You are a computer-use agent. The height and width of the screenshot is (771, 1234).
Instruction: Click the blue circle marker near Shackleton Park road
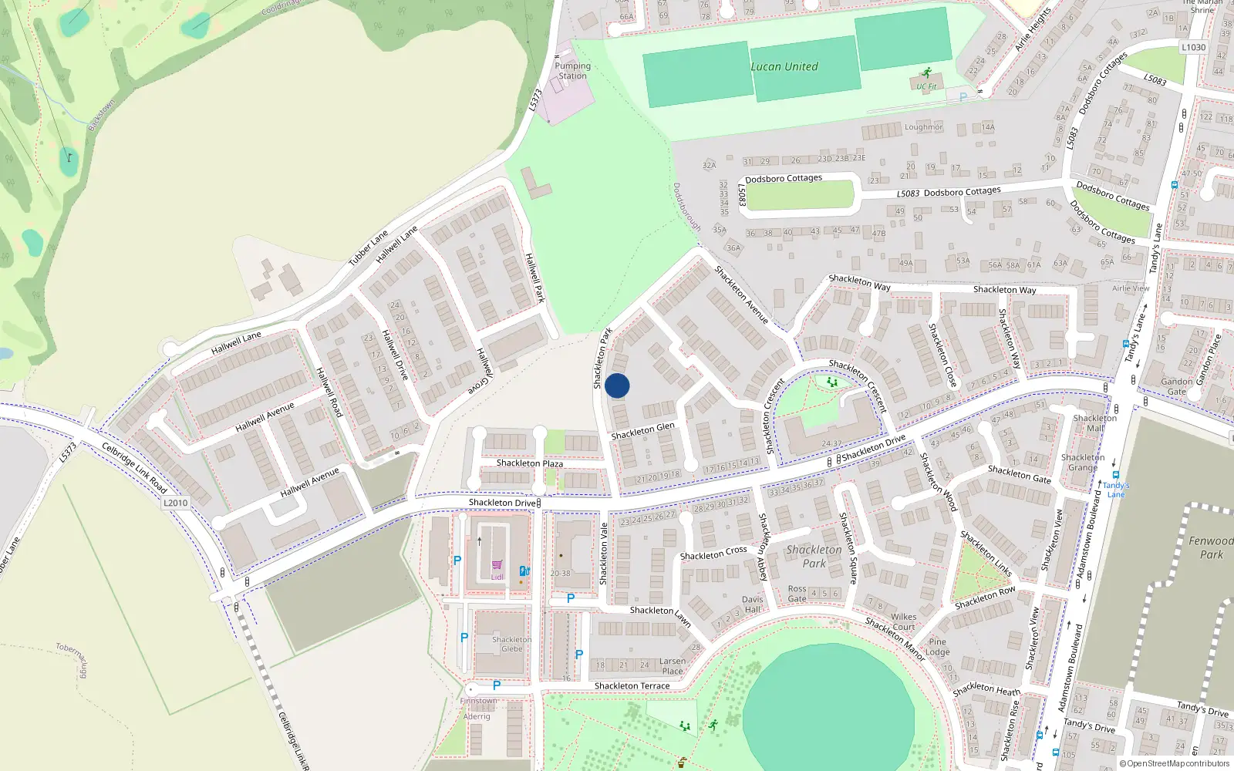coord(617,385)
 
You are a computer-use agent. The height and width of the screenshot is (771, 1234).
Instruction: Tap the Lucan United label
coord(784,67)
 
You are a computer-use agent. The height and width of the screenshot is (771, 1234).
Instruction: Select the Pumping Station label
coord(572,71)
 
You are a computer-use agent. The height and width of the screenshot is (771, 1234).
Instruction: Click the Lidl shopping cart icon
coord(497,565)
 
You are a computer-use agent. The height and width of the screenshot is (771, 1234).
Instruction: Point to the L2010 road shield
coord(176,503)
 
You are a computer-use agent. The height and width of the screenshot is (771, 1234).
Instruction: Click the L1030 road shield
coord(1193,47)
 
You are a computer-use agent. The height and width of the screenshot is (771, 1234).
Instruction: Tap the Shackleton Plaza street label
coord(529,463)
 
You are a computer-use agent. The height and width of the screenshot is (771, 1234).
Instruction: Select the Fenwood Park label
coord(1211,547)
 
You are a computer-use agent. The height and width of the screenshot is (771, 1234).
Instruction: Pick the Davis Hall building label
coord(752,604)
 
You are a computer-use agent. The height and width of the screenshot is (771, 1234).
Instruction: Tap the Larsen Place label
coord(673,666)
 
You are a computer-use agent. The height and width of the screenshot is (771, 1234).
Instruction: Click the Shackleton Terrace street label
coord(632,686)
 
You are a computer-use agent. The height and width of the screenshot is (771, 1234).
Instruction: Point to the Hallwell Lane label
coord(236,342)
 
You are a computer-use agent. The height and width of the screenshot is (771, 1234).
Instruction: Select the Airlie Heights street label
coord(1033,29)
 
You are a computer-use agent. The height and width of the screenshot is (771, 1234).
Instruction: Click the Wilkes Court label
coord(903,621)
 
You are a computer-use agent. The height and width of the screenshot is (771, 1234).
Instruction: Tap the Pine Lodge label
coord(937,647)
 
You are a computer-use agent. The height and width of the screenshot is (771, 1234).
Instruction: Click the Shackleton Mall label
coord(1094,423)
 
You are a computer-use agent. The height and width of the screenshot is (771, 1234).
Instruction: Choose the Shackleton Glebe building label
coord(511,645)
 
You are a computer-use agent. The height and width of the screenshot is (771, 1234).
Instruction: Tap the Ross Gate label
coord(797,594)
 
